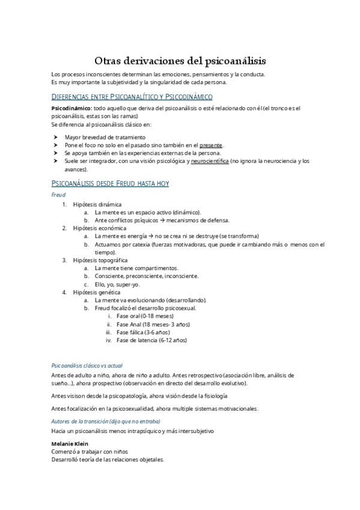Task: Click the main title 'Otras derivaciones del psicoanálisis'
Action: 180,61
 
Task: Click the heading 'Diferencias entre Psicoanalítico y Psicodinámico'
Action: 132,96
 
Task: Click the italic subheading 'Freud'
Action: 58,195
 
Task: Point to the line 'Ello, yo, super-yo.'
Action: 117,284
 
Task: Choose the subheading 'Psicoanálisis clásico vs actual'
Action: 87,365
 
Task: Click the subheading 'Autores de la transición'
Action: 87,422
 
